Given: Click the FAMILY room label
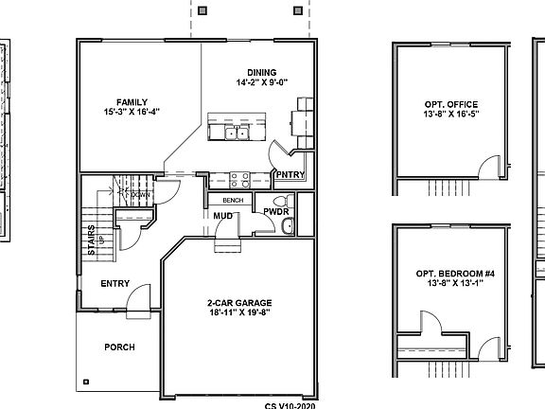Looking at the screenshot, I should (132, 101).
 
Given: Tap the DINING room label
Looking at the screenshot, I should (261, 72).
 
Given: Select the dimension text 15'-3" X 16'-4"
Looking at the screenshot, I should (132, 112).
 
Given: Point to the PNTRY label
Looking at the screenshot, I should (289, 174).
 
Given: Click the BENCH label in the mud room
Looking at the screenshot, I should (233, 200).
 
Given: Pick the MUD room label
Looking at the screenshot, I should (223, 217).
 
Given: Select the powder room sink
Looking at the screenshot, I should (290, 225).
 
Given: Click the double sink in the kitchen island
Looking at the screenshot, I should (236, 133).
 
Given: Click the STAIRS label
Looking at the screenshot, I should (92, 240).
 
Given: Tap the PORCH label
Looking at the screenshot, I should (118, 347).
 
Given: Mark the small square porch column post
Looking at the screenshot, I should (87, 382).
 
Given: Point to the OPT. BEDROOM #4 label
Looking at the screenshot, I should (450, 274).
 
